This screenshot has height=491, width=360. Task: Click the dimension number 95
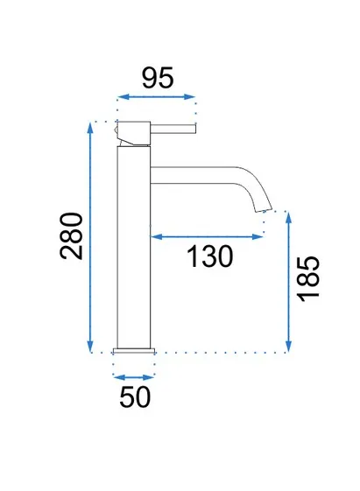[x=158, y=77]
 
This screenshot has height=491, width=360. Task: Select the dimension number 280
[x=72, y=236]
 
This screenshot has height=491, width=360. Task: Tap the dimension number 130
[x=209, y=256]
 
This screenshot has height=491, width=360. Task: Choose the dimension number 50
[x=135, y=396]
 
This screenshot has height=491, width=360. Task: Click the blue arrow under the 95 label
[x=156, y=97]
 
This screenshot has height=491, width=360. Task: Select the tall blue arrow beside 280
[x=90, y=237]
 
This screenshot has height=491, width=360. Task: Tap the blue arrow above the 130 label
[x=207, y=236]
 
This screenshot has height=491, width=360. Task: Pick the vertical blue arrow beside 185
[x=288, y=282]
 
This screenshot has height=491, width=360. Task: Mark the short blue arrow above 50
[x=134, y=377]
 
